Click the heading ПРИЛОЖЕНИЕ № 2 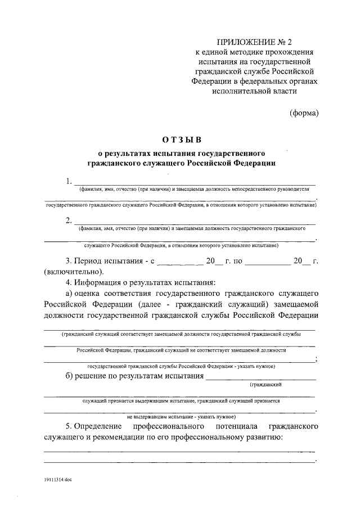point(259,41)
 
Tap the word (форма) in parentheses point(304,112)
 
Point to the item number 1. point(69,181)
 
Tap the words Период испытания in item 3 point(107,262)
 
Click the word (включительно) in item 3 point(71,272)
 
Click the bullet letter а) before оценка point(70,293)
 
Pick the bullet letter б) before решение point(70,376)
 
